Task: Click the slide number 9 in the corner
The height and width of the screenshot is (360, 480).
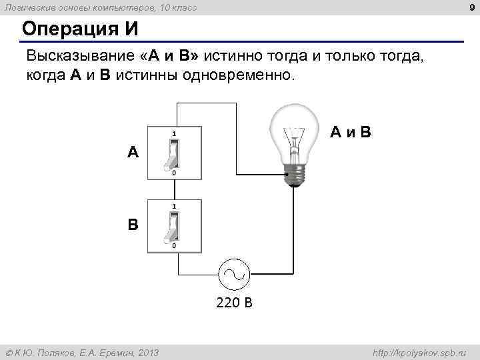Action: point(472,8)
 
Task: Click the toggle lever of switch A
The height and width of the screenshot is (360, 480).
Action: point(171,155)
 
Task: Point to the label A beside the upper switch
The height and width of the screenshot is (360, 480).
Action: point(133,153)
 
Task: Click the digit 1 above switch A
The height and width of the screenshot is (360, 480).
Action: point(174,133)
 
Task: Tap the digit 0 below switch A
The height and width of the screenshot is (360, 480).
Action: point(174,173)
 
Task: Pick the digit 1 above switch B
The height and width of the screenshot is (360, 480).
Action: point(174,206)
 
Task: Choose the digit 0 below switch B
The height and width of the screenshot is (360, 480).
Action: point(174,246)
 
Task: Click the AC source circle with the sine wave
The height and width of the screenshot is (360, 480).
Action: point(234,273)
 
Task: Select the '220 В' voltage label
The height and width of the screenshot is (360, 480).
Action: point(234,303)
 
